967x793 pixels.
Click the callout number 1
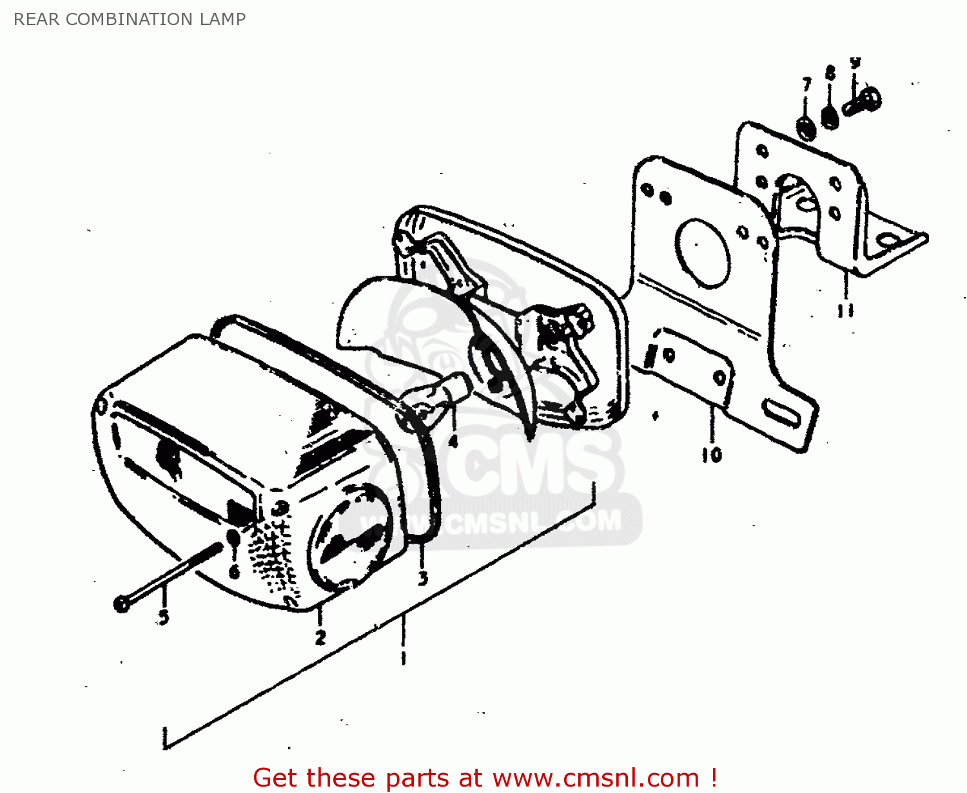(404, 658)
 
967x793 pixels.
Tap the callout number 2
(320, 638)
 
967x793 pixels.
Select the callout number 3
(423, 578)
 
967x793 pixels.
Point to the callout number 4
(453, 441)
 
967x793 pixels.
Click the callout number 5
(164, 616)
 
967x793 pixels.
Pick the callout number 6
(234, 571)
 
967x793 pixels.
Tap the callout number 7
(806, 84)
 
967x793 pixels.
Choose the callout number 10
(712, 455)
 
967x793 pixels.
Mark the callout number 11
(845, 311)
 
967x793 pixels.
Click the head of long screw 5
(121, 604)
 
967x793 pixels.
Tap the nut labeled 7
(806, 128)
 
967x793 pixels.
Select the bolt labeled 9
(864, 100)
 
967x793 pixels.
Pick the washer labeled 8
(830, 118)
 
